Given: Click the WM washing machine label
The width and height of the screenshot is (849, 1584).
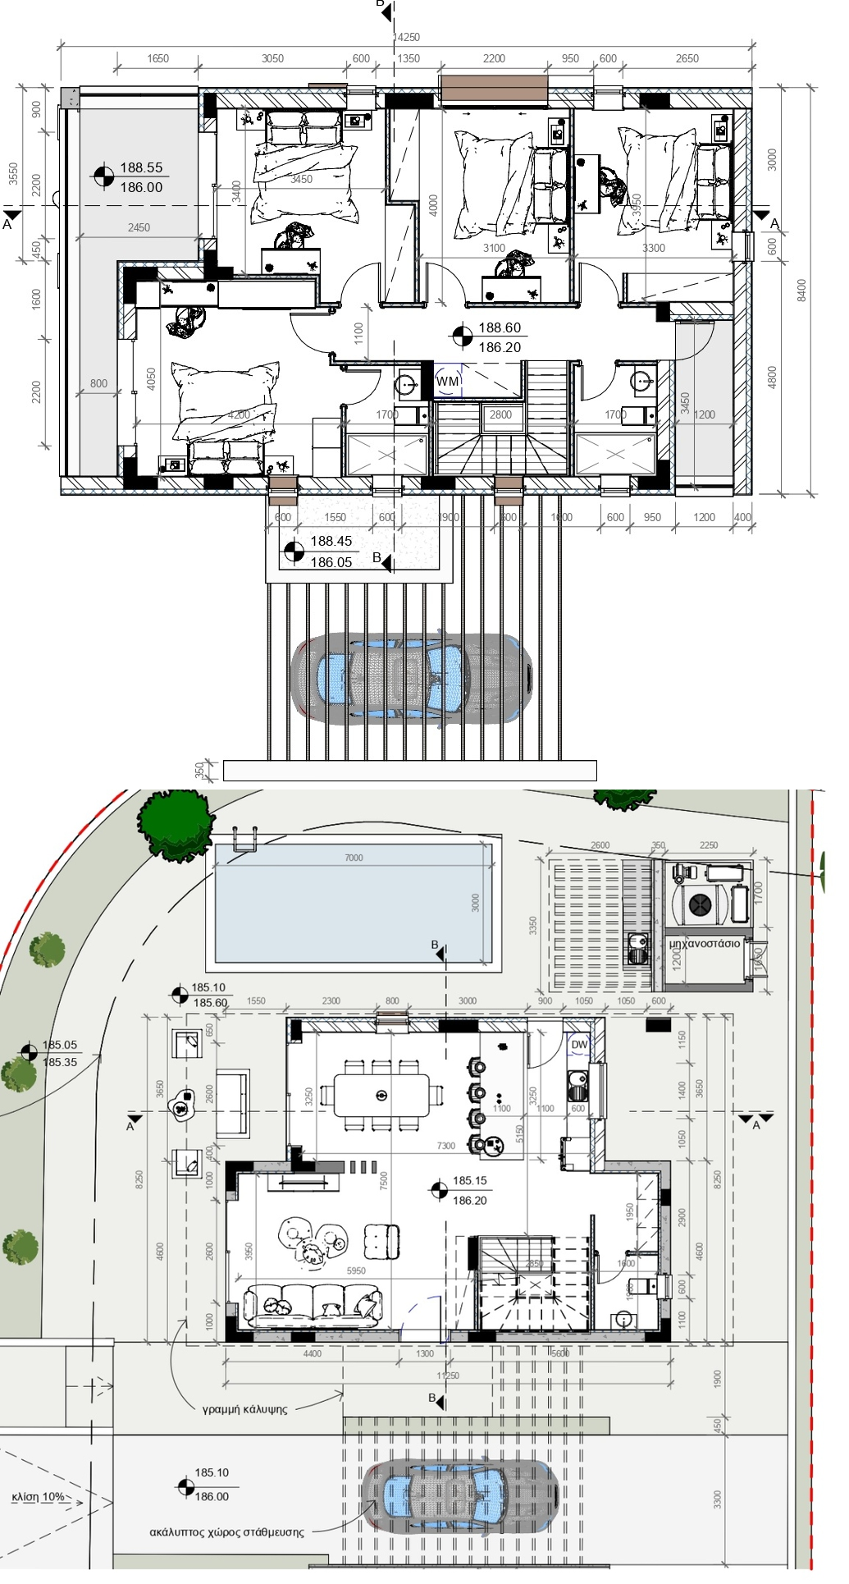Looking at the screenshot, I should [448, 382].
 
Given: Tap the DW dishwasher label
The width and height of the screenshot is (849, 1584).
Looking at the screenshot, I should [579, 1045].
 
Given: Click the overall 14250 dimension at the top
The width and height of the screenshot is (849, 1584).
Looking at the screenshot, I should [407, 37].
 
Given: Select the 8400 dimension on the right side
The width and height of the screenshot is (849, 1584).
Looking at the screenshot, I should [802, 290].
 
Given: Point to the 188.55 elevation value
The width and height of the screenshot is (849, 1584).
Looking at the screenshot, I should [141, 167].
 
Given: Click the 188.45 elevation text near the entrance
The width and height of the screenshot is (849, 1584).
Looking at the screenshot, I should [331, 542].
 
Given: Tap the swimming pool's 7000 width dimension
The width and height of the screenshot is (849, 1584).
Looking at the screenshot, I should [354, 858].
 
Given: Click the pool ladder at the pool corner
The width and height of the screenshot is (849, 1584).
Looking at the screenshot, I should [244, 840].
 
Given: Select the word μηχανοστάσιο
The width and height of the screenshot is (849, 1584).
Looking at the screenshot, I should [705, 943].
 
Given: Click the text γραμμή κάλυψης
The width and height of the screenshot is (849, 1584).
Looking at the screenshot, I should [244, 1409].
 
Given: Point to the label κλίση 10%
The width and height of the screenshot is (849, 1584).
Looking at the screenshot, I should [38, 1496].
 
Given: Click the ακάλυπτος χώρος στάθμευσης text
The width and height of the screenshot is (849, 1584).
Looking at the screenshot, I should [226, 1531].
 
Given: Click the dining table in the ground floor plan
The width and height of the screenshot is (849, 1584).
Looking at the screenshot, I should [381, 1095].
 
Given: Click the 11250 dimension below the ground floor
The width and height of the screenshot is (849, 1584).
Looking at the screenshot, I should [448, 1376].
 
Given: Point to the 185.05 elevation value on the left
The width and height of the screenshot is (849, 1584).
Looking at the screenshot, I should [60, 1045].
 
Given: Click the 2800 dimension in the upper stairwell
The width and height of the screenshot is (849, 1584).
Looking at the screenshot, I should [500, 414].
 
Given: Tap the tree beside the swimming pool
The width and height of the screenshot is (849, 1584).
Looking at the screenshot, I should [176, 825].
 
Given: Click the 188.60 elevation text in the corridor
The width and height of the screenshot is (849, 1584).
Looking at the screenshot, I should [500, 327].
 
